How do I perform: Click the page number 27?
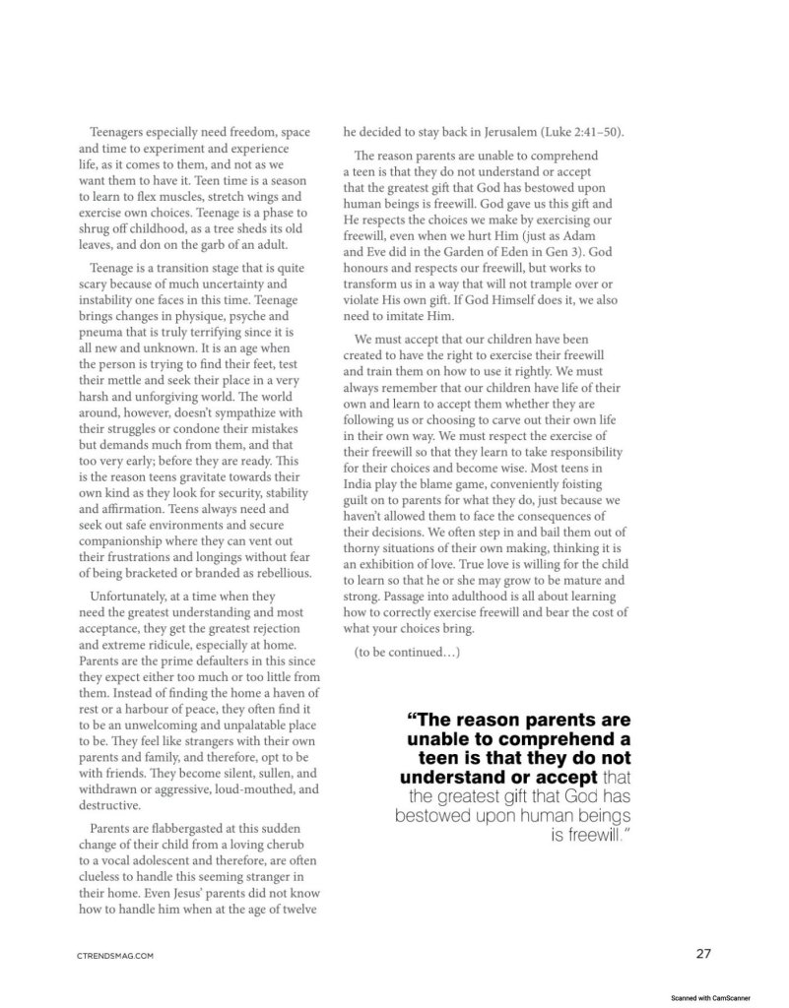pos(702,952)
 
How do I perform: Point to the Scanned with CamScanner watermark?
pos(717,996)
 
